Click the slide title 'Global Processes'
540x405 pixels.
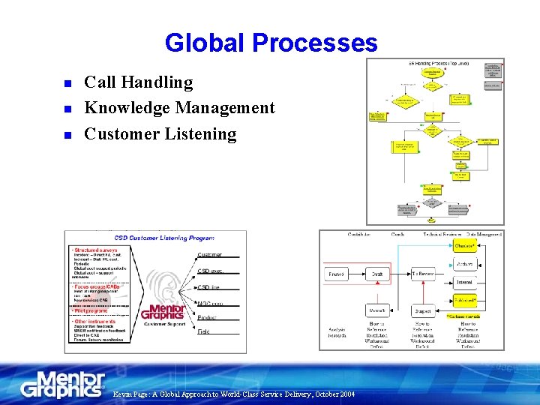click(x=271, y=43)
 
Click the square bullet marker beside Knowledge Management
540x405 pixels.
click(x=66, y=109)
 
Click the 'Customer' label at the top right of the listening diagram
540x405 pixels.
click(x=210, y=254)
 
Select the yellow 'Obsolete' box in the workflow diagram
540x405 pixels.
click(x=465, y=245)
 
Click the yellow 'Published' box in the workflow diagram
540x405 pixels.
click(x=465, y=301)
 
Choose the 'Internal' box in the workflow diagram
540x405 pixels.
click(x=465, y=283)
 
